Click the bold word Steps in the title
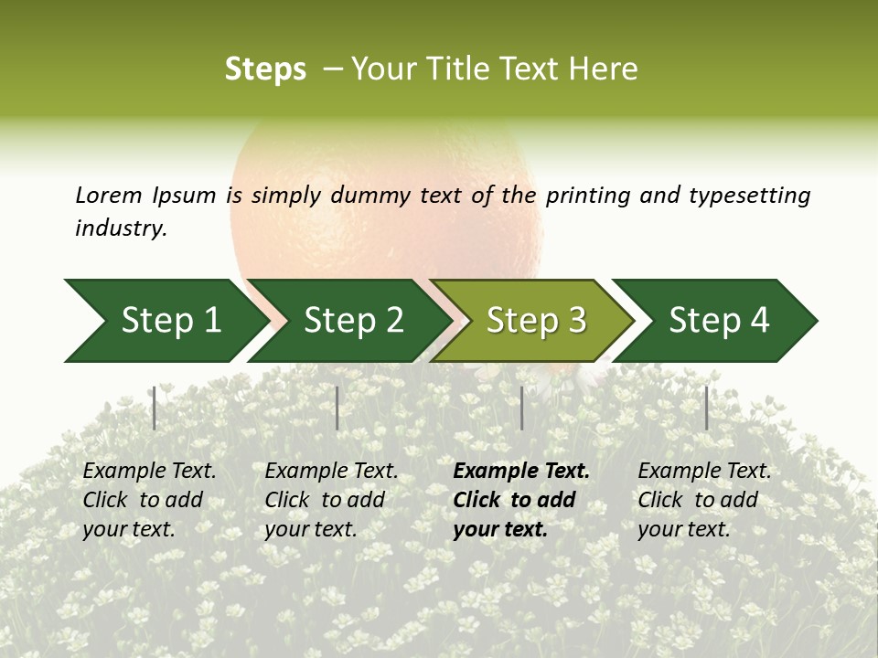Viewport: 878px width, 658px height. pyautogui.click(x=265, y=69)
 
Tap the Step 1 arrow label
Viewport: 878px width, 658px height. pyautogui.click(x=171, y=320)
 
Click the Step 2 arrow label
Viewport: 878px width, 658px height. pyautogui.click(x=353, y=320)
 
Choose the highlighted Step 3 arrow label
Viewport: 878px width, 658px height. pyautogui.click(x=536, y=320)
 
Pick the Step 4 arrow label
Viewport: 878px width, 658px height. pyautogui.click(x=719, y=320)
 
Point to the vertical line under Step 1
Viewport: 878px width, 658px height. pyautogui.click(x=155, y=408)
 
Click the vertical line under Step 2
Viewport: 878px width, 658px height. pyautogui.click(x=337, y=408)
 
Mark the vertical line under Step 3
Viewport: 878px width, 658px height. pyautogui.click(x=521, y=408)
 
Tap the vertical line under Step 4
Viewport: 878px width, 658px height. pyautogui.click(x=706, y=408)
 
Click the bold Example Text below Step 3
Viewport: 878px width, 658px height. pyautogui.click(x=521, y=471)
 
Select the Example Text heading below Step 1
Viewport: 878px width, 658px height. pyautogui.click(x=149, y=471)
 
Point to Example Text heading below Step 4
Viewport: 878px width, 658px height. pyautogui.click(x=704, y=471)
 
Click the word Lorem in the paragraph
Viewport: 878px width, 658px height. pyautogui.click(x=109, y=195)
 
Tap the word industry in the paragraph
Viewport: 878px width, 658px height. pyautogui.click(x=121, y=228)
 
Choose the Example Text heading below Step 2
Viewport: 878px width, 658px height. pyautogui.click(x=331, y=471)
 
